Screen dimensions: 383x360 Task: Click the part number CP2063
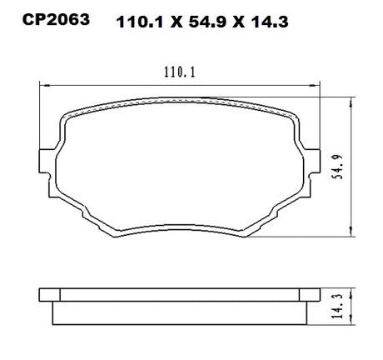pos(56,20)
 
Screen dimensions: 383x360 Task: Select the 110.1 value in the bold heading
pos(140,22)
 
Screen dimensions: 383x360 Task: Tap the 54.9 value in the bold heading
pos(207,22)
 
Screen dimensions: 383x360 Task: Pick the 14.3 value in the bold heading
pos(270,22)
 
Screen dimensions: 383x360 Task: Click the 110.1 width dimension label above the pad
pos(180,72)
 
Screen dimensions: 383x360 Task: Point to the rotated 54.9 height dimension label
pos(338,167)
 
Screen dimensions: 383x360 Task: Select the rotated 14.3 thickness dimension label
pos(338,306)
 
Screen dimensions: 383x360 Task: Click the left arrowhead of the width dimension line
pos(45,86)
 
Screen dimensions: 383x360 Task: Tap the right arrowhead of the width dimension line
pos(315,86)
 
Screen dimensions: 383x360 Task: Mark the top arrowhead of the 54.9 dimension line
pos(351,102)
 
